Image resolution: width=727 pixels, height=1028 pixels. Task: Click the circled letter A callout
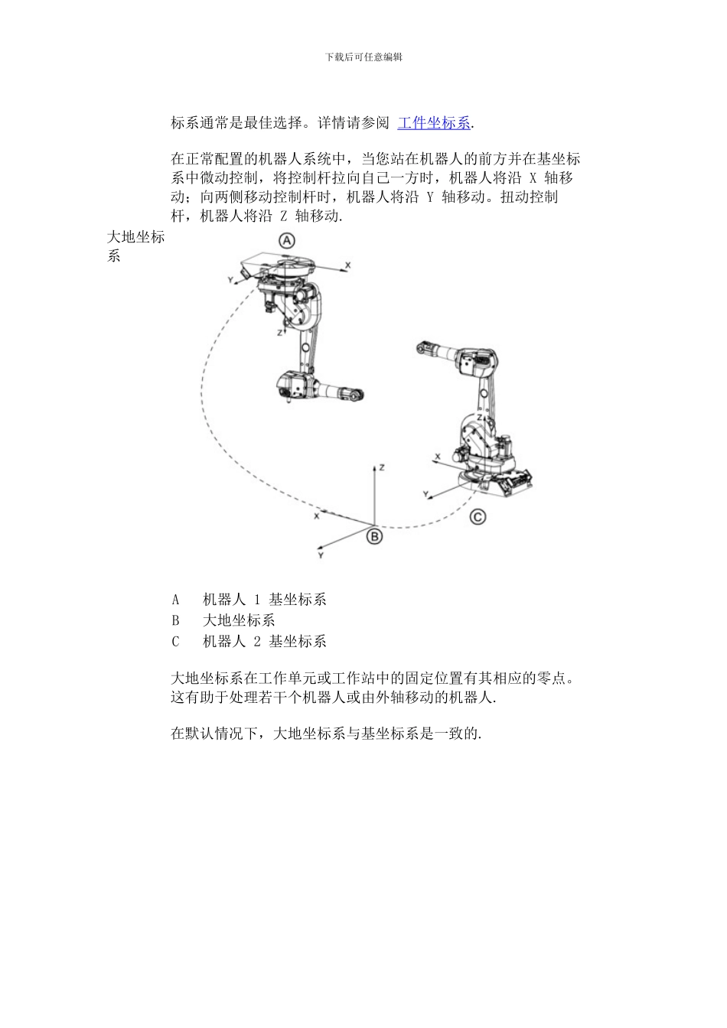tap(287, 240)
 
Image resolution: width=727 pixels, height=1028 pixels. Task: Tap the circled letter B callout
tap(374, 536)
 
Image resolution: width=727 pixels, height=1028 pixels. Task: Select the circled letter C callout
tap(478, 517)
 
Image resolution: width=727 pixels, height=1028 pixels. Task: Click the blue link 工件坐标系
tap(434, 122)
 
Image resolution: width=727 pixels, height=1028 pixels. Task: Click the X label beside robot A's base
tap(347, 265)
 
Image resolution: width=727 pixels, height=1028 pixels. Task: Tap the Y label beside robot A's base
tap(230, 281)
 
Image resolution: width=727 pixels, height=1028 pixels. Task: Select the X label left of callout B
tap(316, 516)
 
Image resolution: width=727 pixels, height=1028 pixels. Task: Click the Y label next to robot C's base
tap(426, 495)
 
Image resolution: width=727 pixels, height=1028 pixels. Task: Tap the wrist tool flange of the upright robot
tap(420, 350)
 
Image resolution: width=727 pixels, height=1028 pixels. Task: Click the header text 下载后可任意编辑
tap(363, 57)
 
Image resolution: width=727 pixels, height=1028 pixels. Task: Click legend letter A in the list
tap(175, 600)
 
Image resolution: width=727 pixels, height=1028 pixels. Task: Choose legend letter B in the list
tap(175, 620)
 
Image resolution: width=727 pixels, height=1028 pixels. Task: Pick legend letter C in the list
tap(175, 642)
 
